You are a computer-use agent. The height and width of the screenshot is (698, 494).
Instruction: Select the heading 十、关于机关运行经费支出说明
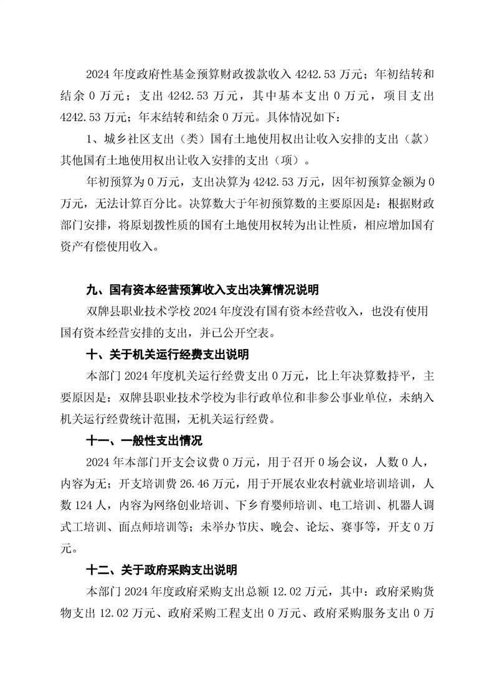pos(167,355)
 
